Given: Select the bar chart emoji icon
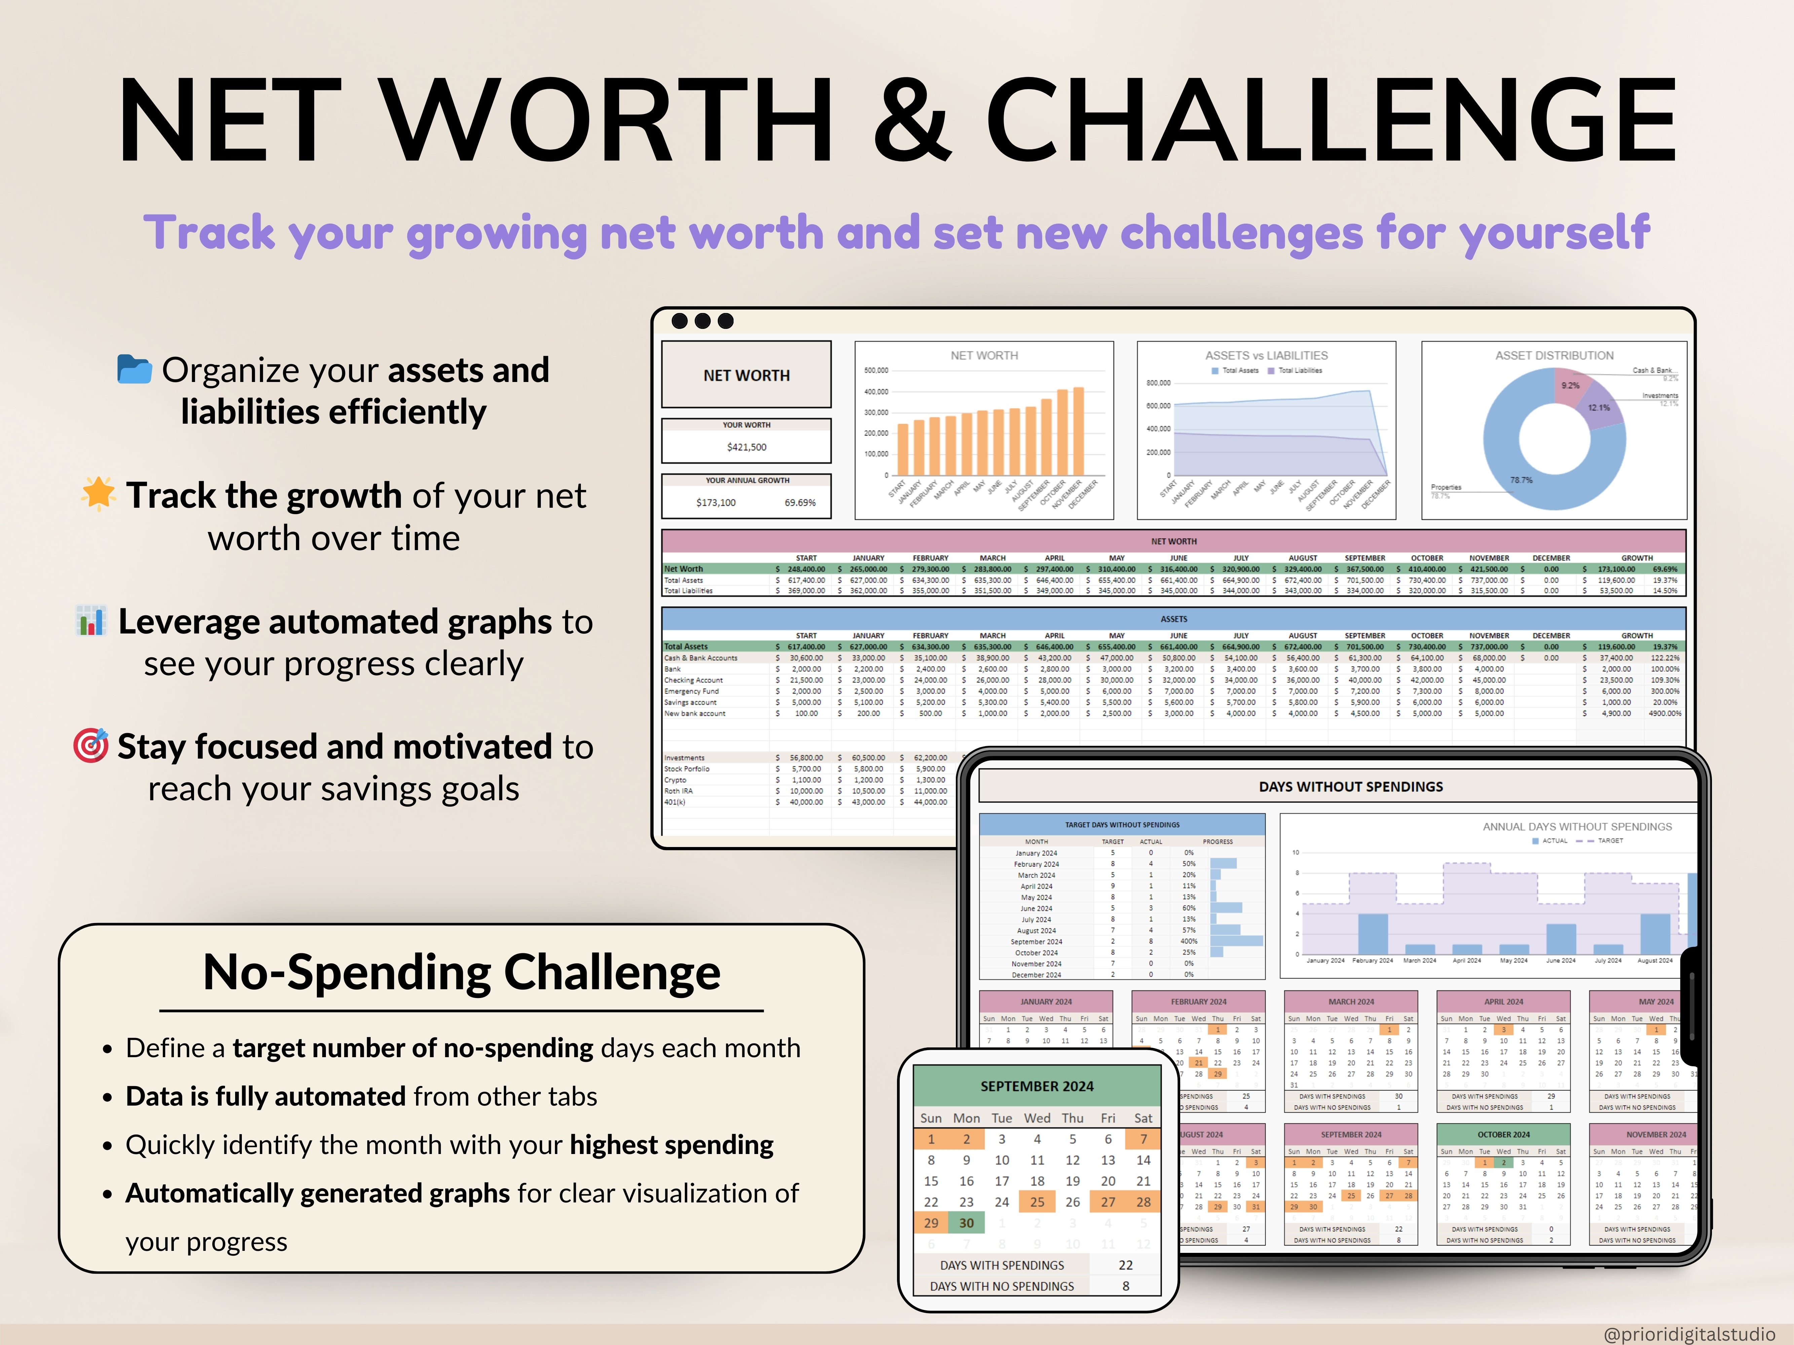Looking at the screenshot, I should pos(91,620).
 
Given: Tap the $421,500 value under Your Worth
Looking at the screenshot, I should pos(746,447).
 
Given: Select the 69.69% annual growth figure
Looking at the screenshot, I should pos(800,503).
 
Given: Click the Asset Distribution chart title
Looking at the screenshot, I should pos(1554,355).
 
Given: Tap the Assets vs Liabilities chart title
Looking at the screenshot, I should pos(1266,355).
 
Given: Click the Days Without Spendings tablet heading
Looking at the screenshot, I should pos(1350,786).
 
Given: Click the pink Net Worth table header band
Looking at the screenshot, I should pos(1173,541).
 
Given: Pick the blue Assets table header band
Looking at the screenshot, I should pos(1173,619).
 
